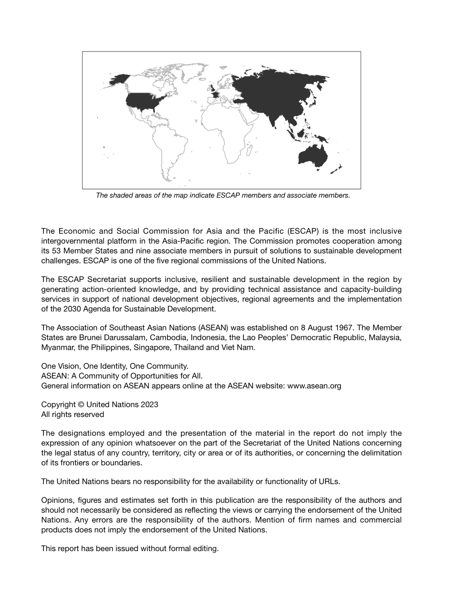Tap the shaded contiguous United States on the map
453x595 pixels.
[145, 101]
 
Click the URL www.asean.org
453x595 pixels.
[314, 386]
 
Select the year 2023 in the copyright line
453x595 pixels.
[149, 405]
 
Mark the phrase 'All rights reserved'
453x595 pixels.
[72, 415]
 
